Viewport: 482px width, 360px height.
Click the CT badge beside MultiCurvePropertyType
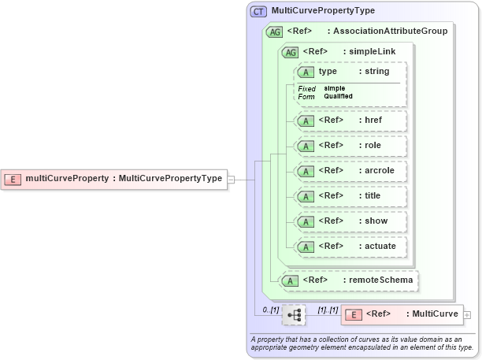point(258,12)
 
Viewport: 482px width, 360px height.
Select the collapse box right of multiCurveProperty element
point(231,179)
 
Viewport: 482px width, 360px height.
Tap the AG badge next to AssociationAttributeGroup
point(275,32)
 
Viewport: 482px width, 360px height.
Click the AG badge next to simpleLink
point(290,51)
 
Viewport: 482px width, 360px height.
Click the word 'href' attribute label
point(373,120)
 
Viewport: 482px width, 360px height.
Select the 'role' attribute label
point(373,145)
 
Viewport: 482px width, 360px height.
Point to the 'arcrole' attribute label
point(380,170)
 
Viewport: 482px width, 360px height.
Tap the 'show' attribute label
point(376,221)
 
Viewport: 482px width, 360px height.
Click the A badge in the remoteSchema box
point(291,280)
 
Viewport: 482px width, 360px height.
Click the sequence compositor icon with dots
point(294,315)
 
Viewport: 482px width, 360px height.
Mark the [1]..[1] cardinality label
point(327,310)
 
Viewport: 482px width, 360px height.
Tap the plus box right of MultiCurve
point(468,314)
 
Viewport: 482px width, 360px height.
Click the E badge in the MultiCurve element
point(354,314)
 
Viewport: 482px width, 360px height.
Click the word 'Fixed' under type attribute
point(306,88)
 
